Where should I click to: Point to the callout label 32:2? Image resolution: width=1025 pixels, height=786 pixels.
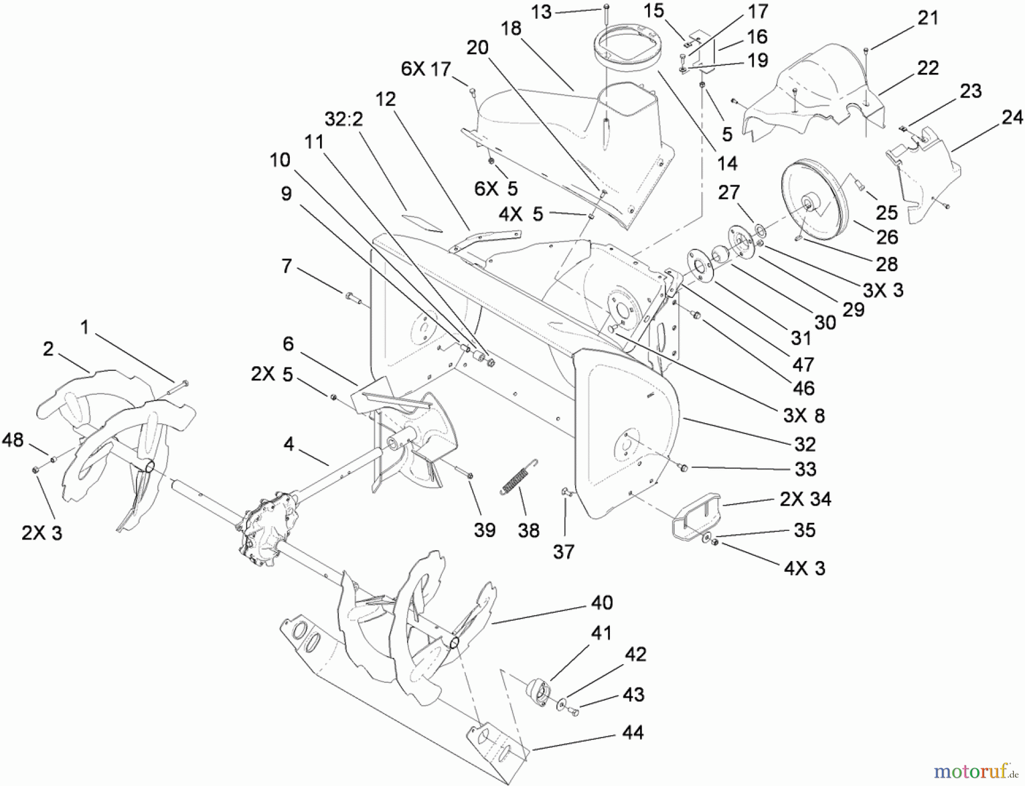(x=343, y=120)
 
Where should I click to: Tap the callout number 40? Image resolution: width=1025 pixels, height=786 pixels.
(x=601, y=603)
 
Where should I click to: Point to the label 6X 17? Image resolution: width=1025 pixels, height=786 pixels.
(x=426, y=69)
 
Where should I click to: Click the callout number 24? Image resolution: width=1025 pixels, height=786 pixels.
(x=1012, y=118)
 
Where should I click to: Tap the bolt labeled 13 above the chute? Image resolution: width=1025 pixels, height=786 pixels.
(x=605, y=8)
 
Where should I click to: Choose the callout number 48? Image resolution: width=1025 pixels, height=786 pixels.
(x=13, y=440)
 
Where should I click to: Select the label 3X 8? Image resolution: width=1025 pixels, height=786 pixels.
(x=803, y=416)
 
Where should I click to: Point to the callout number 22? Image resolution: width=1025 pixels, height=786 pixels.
(x=928, y=68)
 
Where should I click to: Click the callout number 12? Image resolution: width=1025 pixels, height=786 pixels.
(x=386, y=100)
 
